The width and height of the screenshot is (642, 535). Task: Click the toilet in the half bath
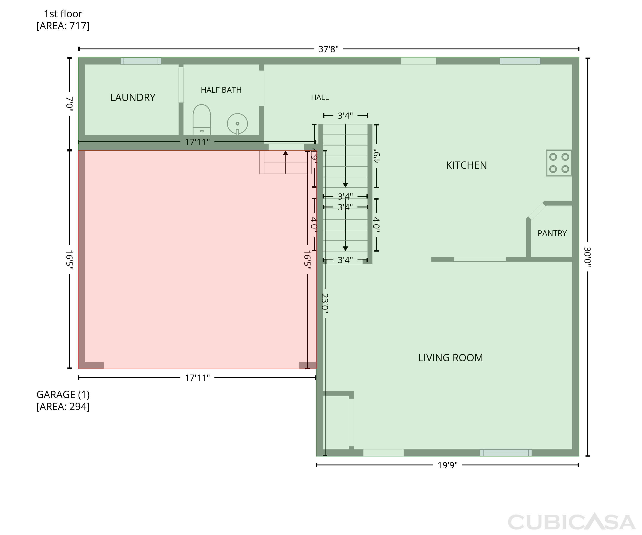pos(201,120)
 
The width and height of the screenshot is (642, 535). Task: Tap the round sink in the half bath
pos(237,124)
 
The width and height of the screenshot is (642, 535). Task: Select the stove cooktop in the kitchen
pos(559,163)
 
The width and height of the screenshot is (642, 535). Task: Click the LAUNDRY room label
pos(133,98)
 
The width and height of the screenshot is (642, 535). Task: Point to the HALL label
pos(320,98)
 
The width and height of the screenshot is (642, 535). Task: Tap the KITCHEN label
pos(466,165)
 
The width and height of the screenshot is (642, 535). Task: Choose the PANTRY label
pos(552,233)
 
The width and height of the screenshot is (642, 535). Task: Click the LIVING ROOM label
pos(451,358)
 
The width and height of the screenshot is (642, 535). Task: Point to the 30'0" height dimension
pos(587,257)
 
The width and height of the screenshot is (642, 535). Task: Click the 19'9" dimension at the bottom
pos(447,465)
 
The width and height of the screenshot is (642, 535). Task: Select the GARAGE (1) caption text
pos(63,395)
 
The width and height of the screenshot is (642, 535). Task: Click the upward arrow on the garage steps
pos(285,162)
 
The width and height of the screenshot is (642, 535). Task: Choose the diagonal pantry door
pos(537,211)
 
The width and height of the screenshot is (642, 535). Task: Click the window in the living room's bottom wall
pos(506,453)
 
